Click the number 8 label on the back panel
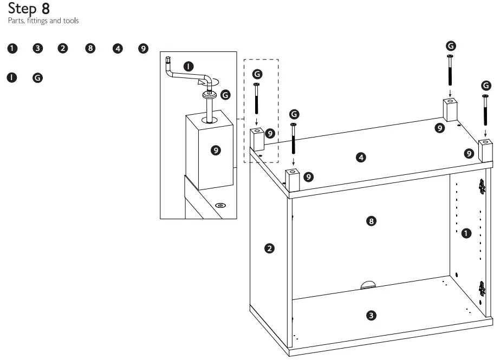tap(371, 221)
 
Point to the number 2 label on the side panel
tap(269, 248)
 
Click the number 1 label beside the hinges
tap(465, 234)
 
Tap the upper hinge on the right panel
tap(482, 187)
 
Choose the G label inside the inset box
tap(225, 95)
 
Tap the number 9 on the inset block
tap(216, 150)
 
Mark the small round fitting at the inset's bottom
tap(220, 206)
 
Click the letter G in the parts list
tap(37, 78)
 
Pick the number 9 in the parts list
tap(143, 49)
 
